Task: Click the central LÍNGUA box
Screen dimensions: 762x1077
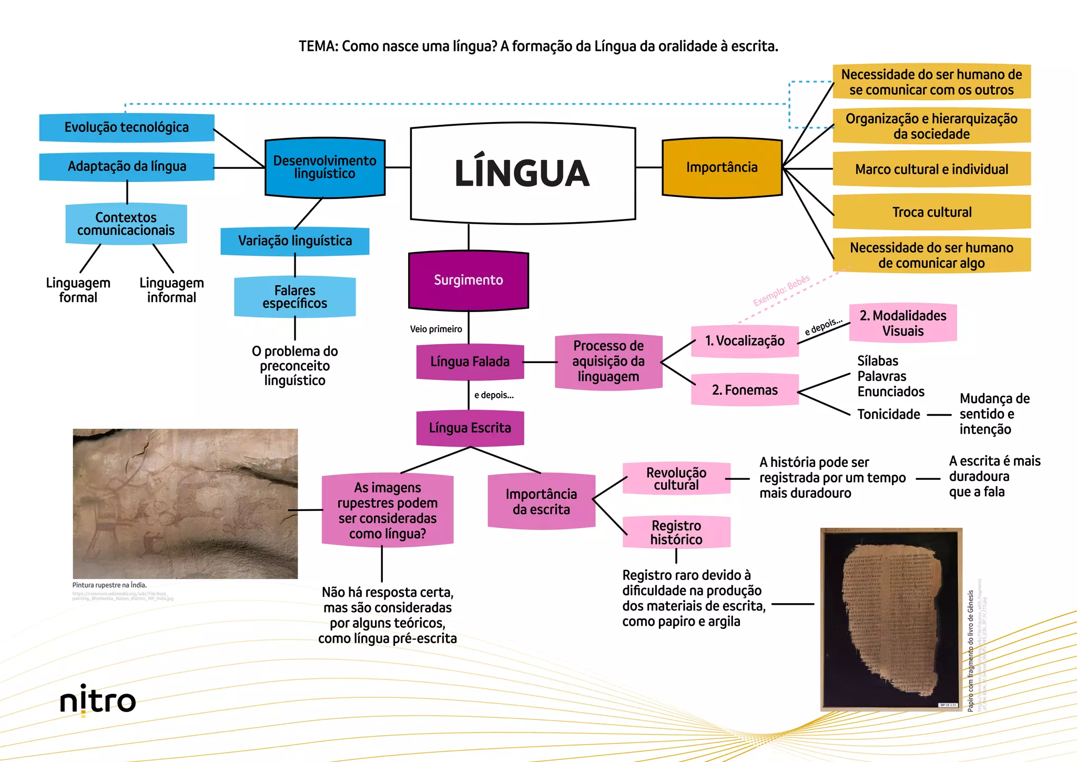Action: (x=523, y=173)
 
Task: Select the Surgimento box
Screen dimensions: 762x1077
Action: (x=468, y=280)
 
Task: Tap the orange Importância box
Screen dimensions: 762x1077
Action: (x=722, y=168)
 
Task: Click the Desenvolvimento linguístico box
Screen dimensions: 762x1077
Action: (x=324, y=167)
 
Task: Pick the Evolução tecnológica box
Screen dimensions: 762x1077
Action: (x=126, y=127)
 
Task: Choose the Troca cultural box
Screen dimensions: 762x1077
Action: (x=931, y=212)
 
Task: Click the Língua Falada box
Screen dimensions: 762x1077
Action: (x=470, y=362)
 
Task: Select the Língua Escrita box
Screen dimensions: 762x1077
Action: (x=470, y=428)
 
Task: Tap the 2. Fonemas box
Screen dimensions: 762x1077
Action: (x=744, y=390)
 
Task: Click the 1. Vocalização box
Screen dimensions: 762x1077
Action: (x=744, y=341)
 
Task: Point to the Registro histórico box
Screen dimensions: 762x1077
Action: (x=676, y=533)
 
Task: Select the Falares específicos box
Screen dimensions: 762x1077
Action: (x=294, y=297)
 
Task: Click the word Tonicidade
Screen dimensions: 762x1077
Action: (x=888, y=415)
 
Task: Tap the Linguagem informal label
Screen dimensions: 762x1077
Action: (x=171, y=290)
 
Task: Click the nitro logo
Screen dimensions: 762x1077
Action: (x=98, y=700)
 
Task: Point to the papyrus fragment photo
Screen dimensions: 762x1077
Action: (x=891, y=619)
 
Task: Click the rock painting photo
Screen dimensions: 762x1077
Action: (x=185, y=504)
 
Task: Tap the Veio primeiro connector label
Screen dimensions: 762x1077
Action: (x=436, y=329)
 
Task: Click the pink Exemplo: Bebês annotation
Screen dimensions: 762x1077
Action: (x=781, y=290)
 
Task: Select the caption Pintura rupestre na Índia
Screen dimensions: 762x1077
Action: (x=109, y=585)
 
